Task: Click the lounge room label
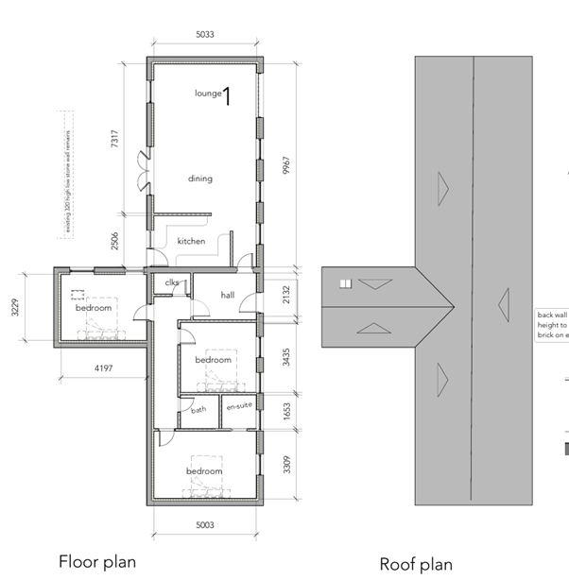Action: [208, 94]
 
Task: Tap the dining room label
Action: [199, 179]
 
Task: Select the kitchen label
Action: [191, 242]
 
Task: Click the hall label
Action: [227, 295]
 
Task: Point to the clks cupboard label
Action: [172, 282]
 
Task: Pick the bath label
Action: [198, 410]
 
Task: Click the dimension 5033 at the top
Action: [205, 35]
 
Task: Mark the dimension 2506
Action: [115, 241]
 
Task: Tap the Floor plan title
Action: [97, 561]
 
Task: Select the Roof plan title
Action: [416, 564]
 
